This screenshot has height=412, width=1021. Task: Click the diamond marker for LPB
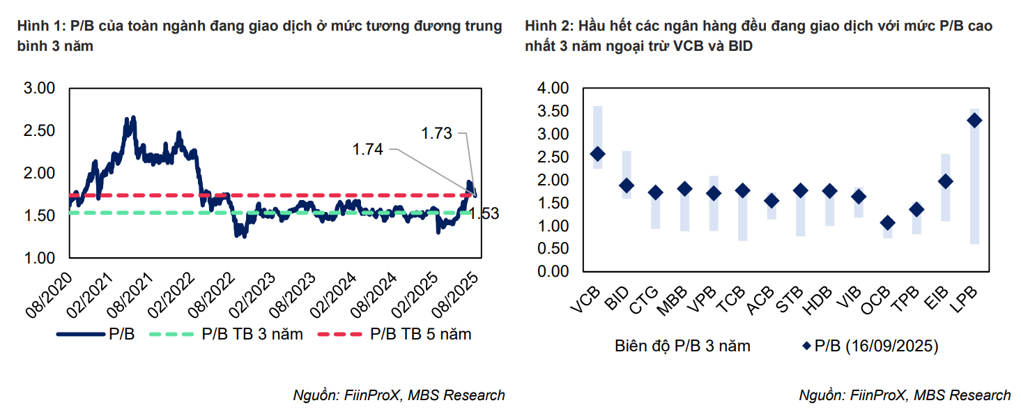click(974, 121)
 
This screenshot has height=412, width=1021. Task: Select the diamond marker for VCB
click(597, 154)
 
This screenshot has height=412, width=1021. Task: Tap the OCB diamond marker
click(887, 223)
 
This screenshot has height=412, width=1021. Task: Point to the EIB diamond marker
click(945, 181)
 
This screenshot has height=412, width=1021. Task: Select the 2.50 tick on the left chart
click(39, 131)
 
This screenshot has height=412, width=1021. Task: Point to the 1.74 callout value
click(368, 149)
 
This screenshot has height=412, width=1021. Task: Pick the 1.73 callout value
click(437, 132)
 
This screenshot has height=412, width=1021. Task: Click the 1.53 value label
click(484, 214)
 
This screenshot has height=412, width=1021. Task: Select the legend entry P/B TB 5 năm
click(420, 335)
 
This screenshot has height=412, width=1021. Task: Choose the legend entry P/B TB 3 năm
click(252, 335)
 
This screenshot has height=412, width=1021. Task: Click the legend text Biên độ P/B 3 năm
click(682, 346)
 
